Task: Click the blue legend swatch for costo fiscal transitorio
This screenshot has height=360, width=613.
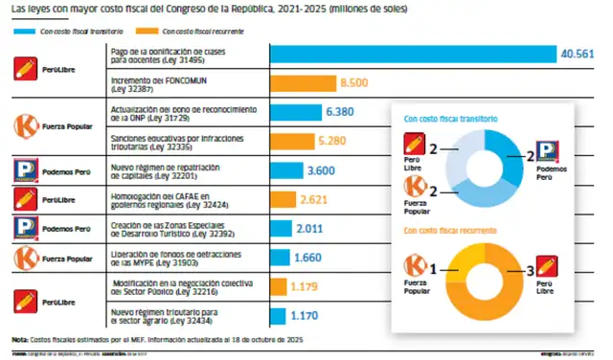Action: click(24, 31)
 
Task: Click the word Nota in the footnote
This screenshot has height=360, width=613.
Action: click(19, 340)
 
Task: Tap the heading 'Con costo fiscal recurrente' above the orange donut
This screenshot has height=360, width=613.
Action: click(450, 231)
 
